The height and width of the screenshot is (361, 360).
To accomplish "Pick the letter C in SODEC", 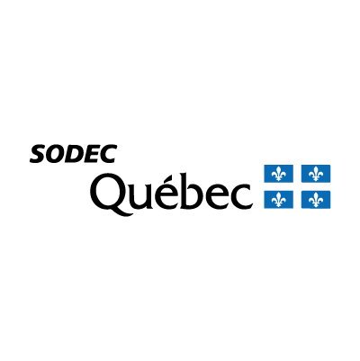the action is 107,154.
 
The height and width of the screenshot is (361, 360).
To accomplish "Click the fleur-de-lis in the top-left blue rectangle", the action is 278,174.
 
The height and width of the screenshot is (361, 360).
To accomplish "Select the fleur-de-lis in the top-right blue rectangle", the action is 316,174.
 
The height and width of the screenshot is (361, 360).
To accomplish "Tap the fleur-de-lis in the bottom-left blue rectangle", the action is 278,200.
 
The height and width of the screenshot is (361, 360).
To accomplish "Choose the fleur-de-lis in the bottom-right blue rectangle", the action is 316,200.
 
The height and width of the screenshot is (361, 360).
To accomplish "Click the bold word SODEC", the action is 73,154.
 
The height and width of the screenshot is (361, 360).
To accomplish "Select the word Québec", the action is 171,194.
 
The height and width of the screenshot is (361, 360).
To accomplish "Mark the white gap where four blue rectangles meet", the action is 297,186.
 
